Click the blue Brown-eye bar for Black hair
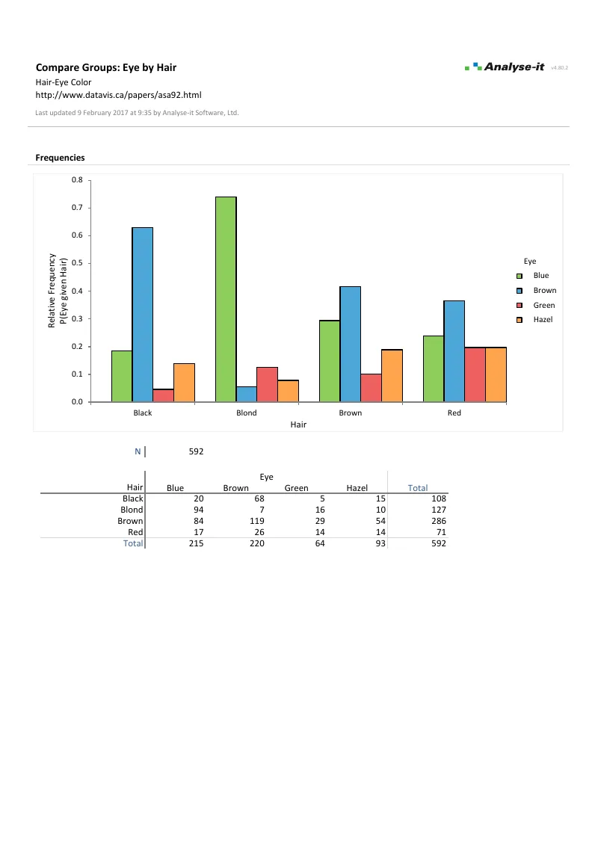(x=143, y=315)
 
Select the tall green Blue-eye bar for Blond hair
(x=226, y=299)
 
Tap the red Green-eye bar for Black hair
(x=164, y=395)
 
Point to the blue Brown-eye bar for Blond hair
(x=247, y=394)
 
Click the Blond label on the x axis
(x=247, y=413)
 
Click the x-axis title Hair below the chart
(x=299, y=424)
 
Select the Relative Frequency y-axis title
(x=52, y=291)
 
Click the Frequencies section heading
(x=60, y=158)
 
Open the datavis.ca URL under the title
(x=119, y=95)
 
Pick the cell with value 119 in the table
(x=256, y=520)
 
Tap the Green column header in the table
(x=296, y=488)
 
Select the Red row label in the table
(x=135, y=531)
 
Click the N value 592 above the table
(x=197, y=451)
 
